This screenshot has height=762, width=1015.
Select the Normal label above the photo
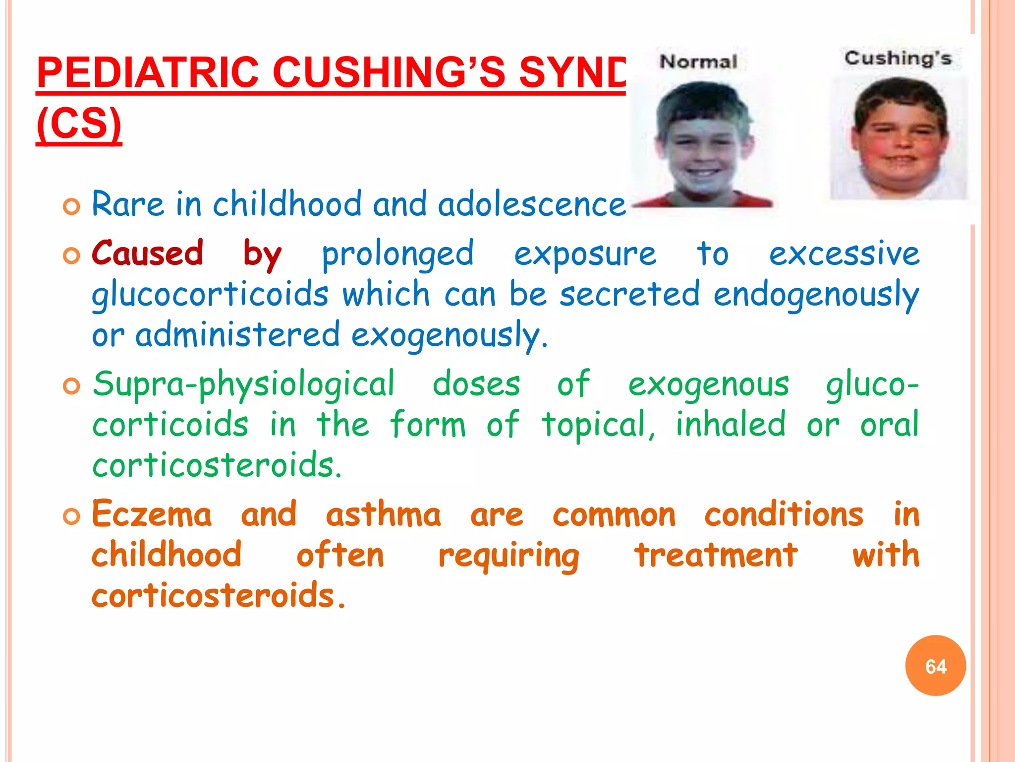[x=698, y=62]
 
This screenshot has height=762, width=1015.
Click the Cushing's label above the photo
[x=898, y=59]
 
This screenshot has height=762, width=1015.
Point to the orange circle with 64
[x=935, y=666]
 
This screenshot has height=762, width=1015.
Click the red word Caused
[x=148, y=253]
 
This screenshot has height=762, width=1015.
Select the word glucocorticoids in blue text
[x=210, y=294]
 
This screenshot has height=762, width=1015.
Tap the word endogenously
[x=816, y=294]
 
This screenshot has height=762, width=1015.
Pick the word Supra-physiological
[x=243, y=384]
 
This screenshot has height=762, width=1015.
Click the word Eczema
[x=152, y=514]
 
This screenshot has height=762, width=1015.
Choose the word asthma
[x=383, y=514]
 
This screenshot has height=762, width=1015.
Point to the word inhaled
[x=731, y=424]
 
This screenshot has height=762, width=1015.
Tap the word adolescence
[x=531, y=204]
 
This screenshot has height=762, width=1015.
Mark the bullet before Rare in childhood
[x=72, y=206]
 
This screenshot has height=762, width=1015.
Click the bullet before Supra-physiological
[x=72, y=386]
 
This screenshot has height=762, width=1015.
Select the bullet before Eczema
[x=72, y=516]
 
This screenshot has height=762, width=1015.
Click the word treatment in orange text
[x=716, y=555]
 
